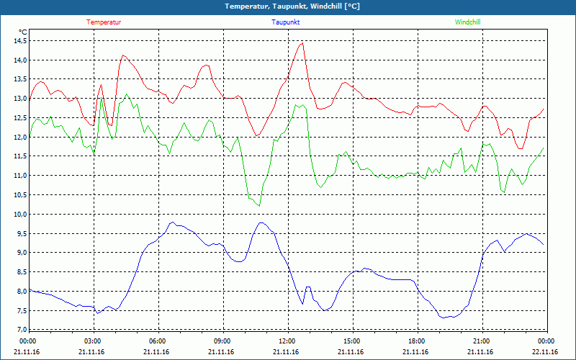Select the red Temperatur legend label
coord(104,22)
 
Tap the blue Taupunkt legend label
coord(286,22)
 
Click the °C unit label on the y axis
coord(22,32)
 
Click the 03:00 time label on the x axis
coord(93,341)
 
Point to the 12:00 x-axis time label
coord(287,341)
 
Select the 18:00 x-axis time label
coord(416,341)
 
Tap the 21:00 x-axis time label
coord(481,341)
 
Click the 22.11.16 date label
coord(545,352)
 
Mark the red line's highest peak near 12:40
coord(302,42)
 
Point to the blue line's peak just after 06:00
coord(171,222)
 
